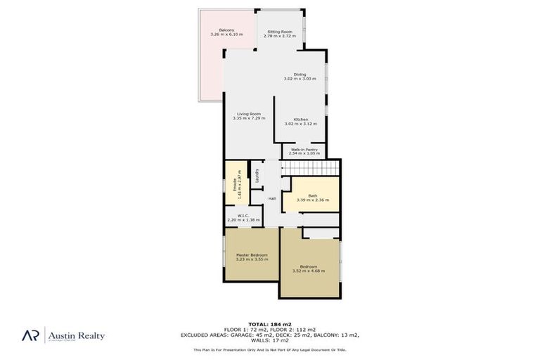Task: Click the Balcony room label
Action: pos(226,30)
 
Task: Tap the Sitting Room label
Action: pos(279,32)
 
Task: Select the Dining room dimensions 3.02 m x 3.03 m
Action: pos(300,79)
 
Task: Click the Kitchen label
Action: pos(301,120)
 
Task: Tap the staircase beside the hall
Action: pos(309,169)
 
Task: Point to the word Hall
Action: pos(271,198)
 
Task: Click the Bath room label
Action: pos(313,196)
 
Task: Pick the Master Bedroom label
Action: pos(252,255)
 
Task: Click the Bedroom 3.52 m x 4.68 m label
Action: pos(309,266)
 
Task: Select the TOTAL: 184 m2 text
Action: pos(270,324)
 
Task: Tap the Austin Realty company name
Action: pos(76,335)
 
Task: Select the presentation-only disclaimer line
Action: pos(270,349)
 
